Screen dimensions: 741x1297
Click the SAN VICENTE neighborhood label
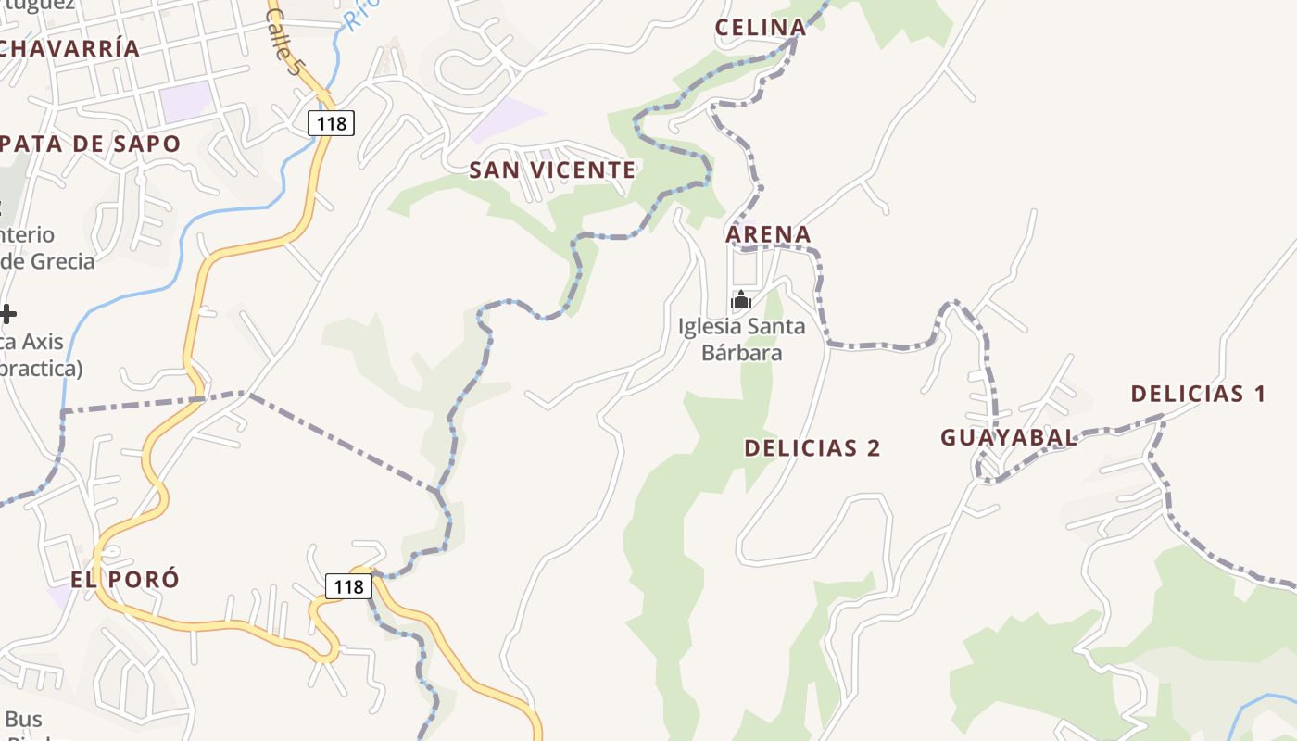click(x=552, y=170)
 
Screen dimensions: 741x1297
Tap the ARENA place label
click(x=768, y=235)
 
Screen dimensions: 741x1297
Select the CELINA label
click(x=760, y=28)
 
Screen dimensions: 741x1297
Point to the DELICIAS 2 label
click(x=812, y=448)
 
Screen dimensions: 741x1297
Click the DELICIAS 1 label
click(x=1198, y=394)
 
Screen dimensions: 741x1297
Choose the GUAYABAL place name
click(x=1009, y=438)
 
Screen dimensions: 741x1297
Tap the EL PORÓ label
click(x=125, y=580)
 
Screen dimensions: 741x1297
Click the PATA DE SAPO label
click(x=91, y=144)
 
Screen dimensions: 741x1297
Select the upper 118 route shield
click(x=331, y=122)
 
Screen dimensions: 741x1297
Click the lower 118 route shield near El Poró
click(x=348, y=586)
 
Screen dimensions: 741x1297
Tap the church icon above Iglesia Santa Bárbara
click(x=741, y=299)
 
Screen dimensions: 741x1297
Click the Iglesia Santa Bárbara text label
click(x=741, y=339)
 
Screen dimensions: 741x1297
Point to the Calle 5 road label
click(x=283, y=42)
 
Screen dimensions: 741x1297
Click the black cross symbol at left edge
click(x=7, y=314)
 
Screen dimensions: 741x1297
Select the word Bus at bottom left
click(x=23, y=719)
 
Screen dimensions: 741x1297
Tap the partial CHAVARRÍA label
click(x=69, y=48)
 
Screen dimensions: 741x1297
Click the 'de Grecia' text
click(x=48, y=261)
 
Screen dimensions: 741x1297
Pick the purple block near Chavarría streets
click(x=186, y=100)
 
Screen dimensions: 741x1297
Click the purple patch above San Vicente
click(x=508, y=119)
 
